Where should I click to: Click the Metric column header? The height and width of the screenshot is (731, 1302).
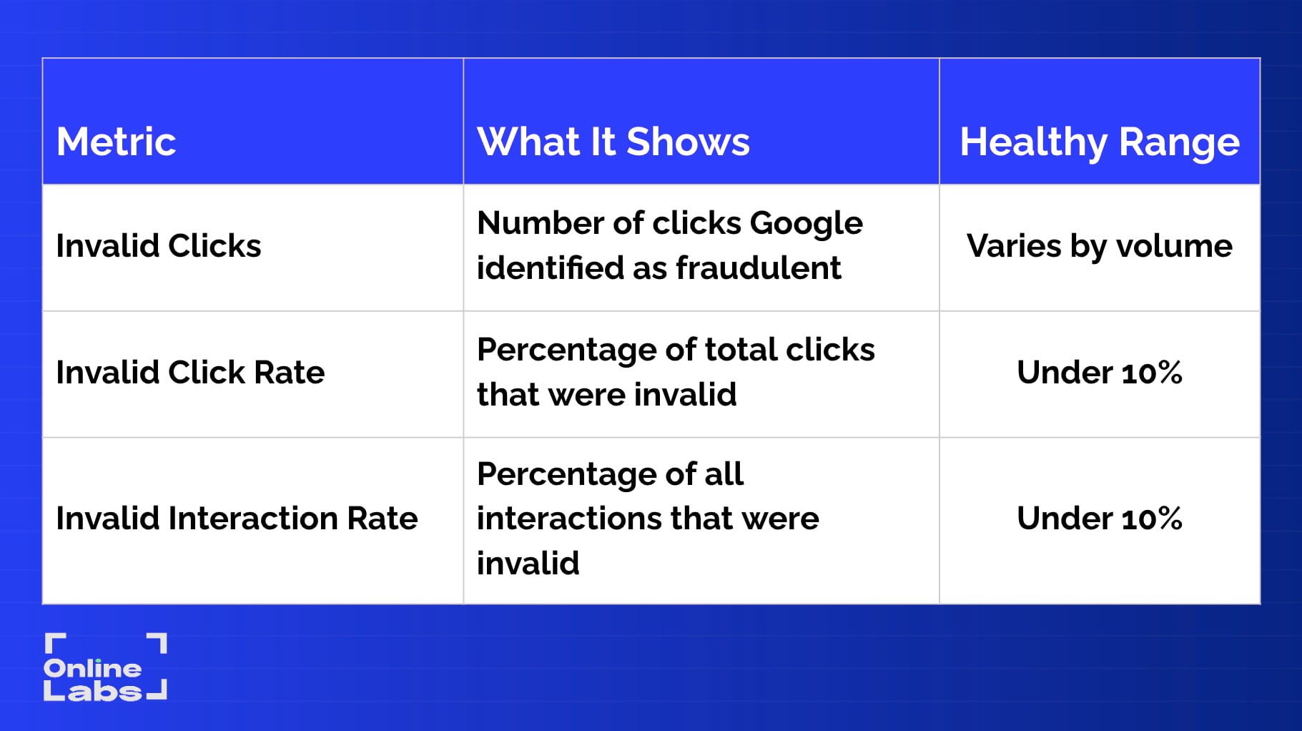[116, 142]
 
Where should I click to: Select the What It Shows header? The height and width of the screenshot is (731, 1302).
[613, 142]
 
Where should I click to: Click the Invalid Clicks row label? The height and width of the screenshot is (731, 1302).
[159, 246]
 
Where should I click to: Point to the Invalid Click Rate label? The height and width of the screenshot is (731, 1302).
[190, 373]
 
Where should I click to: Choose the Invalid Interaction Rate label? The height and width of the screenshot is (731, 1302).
[237, 519]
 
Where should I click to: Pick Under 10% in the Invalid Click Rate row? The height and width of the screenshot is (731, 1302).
[1100, 373]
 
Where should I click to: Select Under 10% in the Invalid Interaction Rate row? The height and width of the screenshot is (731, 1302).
[1100, 519]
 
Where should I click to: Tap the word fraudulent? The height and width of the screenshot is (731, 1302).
[759, 268]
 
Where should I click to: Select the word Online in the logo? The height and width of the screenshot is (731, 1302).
[93, 669]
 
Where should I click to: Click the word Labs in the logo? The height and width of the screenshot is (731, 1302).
[93, 692]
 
